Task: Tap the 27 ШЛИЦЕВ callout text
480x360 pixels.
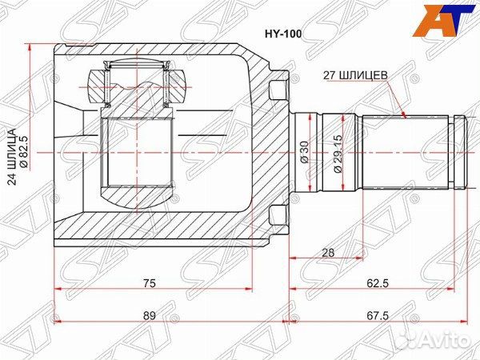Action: pos(355,75)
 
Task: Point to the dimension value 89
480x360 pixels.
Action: pos(150,315)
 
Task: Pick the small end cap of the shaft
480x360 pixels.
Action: pos(459,152)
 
